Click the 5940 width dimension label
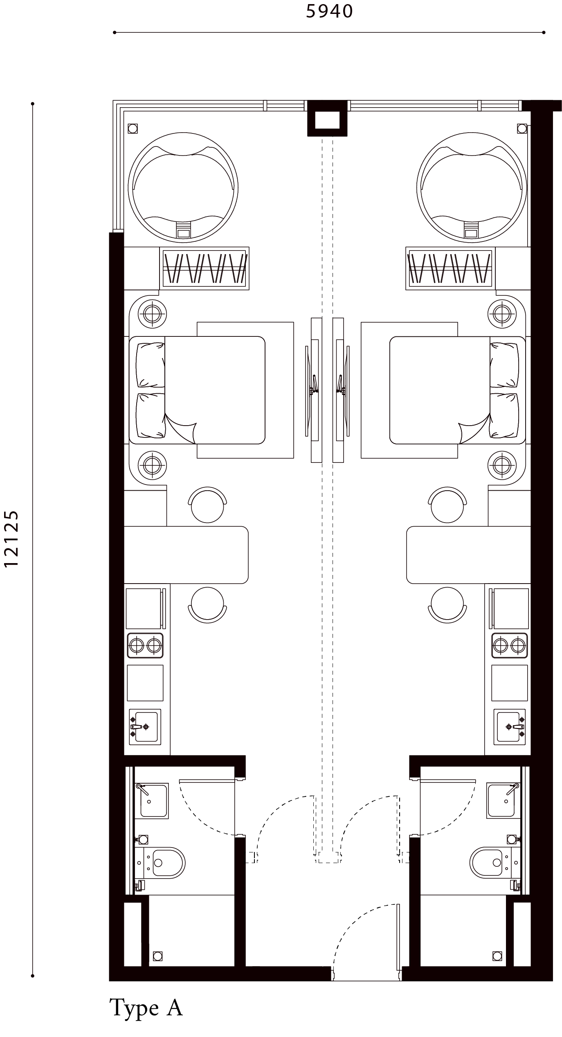coord(328,12)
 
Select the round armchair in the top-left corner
coord(183,187)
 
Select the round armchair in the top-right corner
coord(471,187)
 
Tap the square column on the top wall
coord(327,121)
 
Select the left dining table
coord(186,555)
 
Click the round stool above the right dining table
coord(447,504)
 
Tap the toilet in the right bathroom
coord(490,862)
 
